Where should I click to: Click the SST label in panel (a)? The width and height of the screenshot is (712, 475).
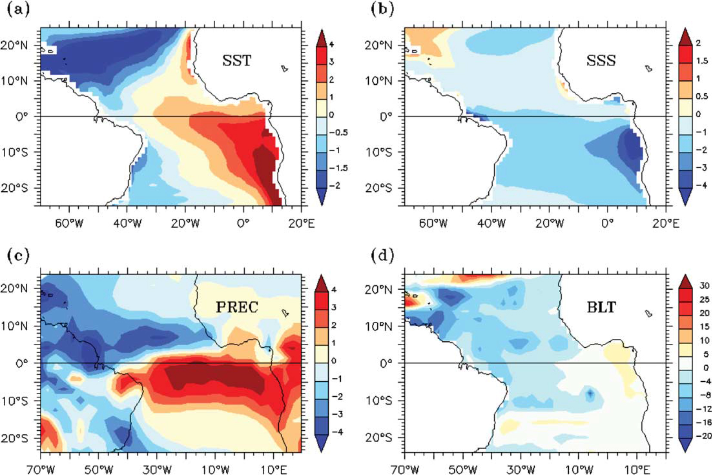(x=237, y=60)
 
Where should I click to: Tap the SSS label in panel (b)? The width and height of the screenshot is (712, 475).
(x=601, y=60)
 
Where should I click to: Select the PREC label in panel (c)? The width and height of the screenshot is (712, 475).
(x=237, y=307)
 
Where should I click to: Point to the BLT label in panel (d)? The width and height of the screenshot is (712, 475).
(x=601, y=307)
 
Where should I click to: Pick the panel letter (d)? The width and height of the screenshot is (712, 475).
(x=382, y=256)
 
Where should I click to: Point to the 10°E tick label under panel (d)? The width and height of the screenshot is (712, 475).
(x=637, y=469)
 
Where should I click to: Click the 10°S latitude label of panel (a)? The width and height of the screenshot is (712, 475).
(x=18, y=152)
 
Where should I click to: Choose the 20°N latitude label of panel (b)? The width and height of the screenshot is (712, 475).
(x=382, y=46)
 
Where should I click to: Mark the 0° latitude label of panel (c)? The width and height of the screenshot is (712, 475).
(x=22, y=363)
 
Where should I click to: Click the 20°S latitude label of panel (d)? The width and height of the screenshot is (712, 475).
(x=382, y=438)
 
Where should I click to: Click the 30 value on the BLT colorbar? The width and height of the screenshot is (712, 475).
(x=704, y=286)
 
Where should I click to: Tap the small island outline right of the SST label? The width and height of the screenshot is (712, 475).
(x=285, y=68)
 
